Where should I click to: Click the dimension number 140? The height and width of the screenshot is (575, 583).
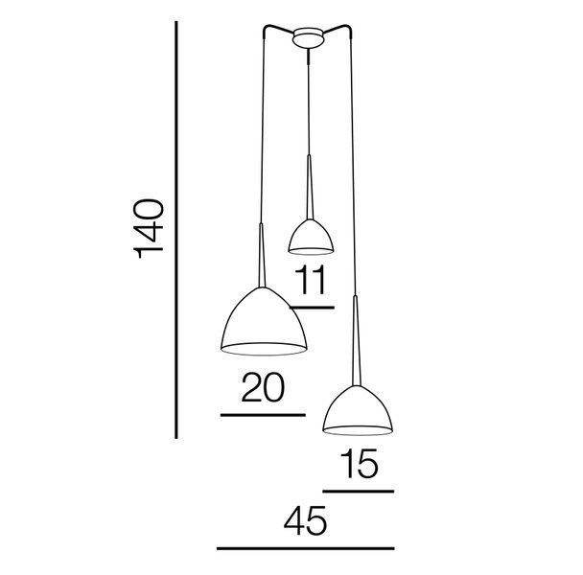pyautogui.click(x=149, y=229)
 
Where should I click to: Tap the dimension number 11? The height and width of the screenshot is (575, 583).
pyautogui.click(x=310, y=280)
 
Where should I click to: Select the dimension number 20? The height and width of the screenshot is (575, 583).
pyautogui.click(x=264, y=388)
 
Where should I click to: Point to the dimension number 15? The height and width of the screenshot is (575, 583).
pyautogui.click(x=360, y=463)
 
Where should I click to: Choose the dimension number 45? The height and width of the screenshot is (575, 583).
pyautogui.click(x=305, y=520)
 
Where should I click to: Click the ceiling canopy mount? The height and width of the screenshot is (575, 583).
pyautogui.click(x=308, y=38)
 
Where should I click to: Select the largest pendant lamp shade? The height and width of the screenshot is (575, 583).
pyautogui.click(x=264, y=322)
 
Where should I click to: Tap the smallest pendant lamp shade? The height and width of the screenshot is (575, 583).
pyautogui.click(x=311, y=237)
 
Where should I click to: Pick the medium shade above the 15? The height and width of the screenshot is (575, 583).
pyautogui.click(x=358, y=410)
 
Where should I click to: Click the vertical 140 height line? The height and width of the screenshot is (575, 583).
pyautogui.click(x=176, y=230)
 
